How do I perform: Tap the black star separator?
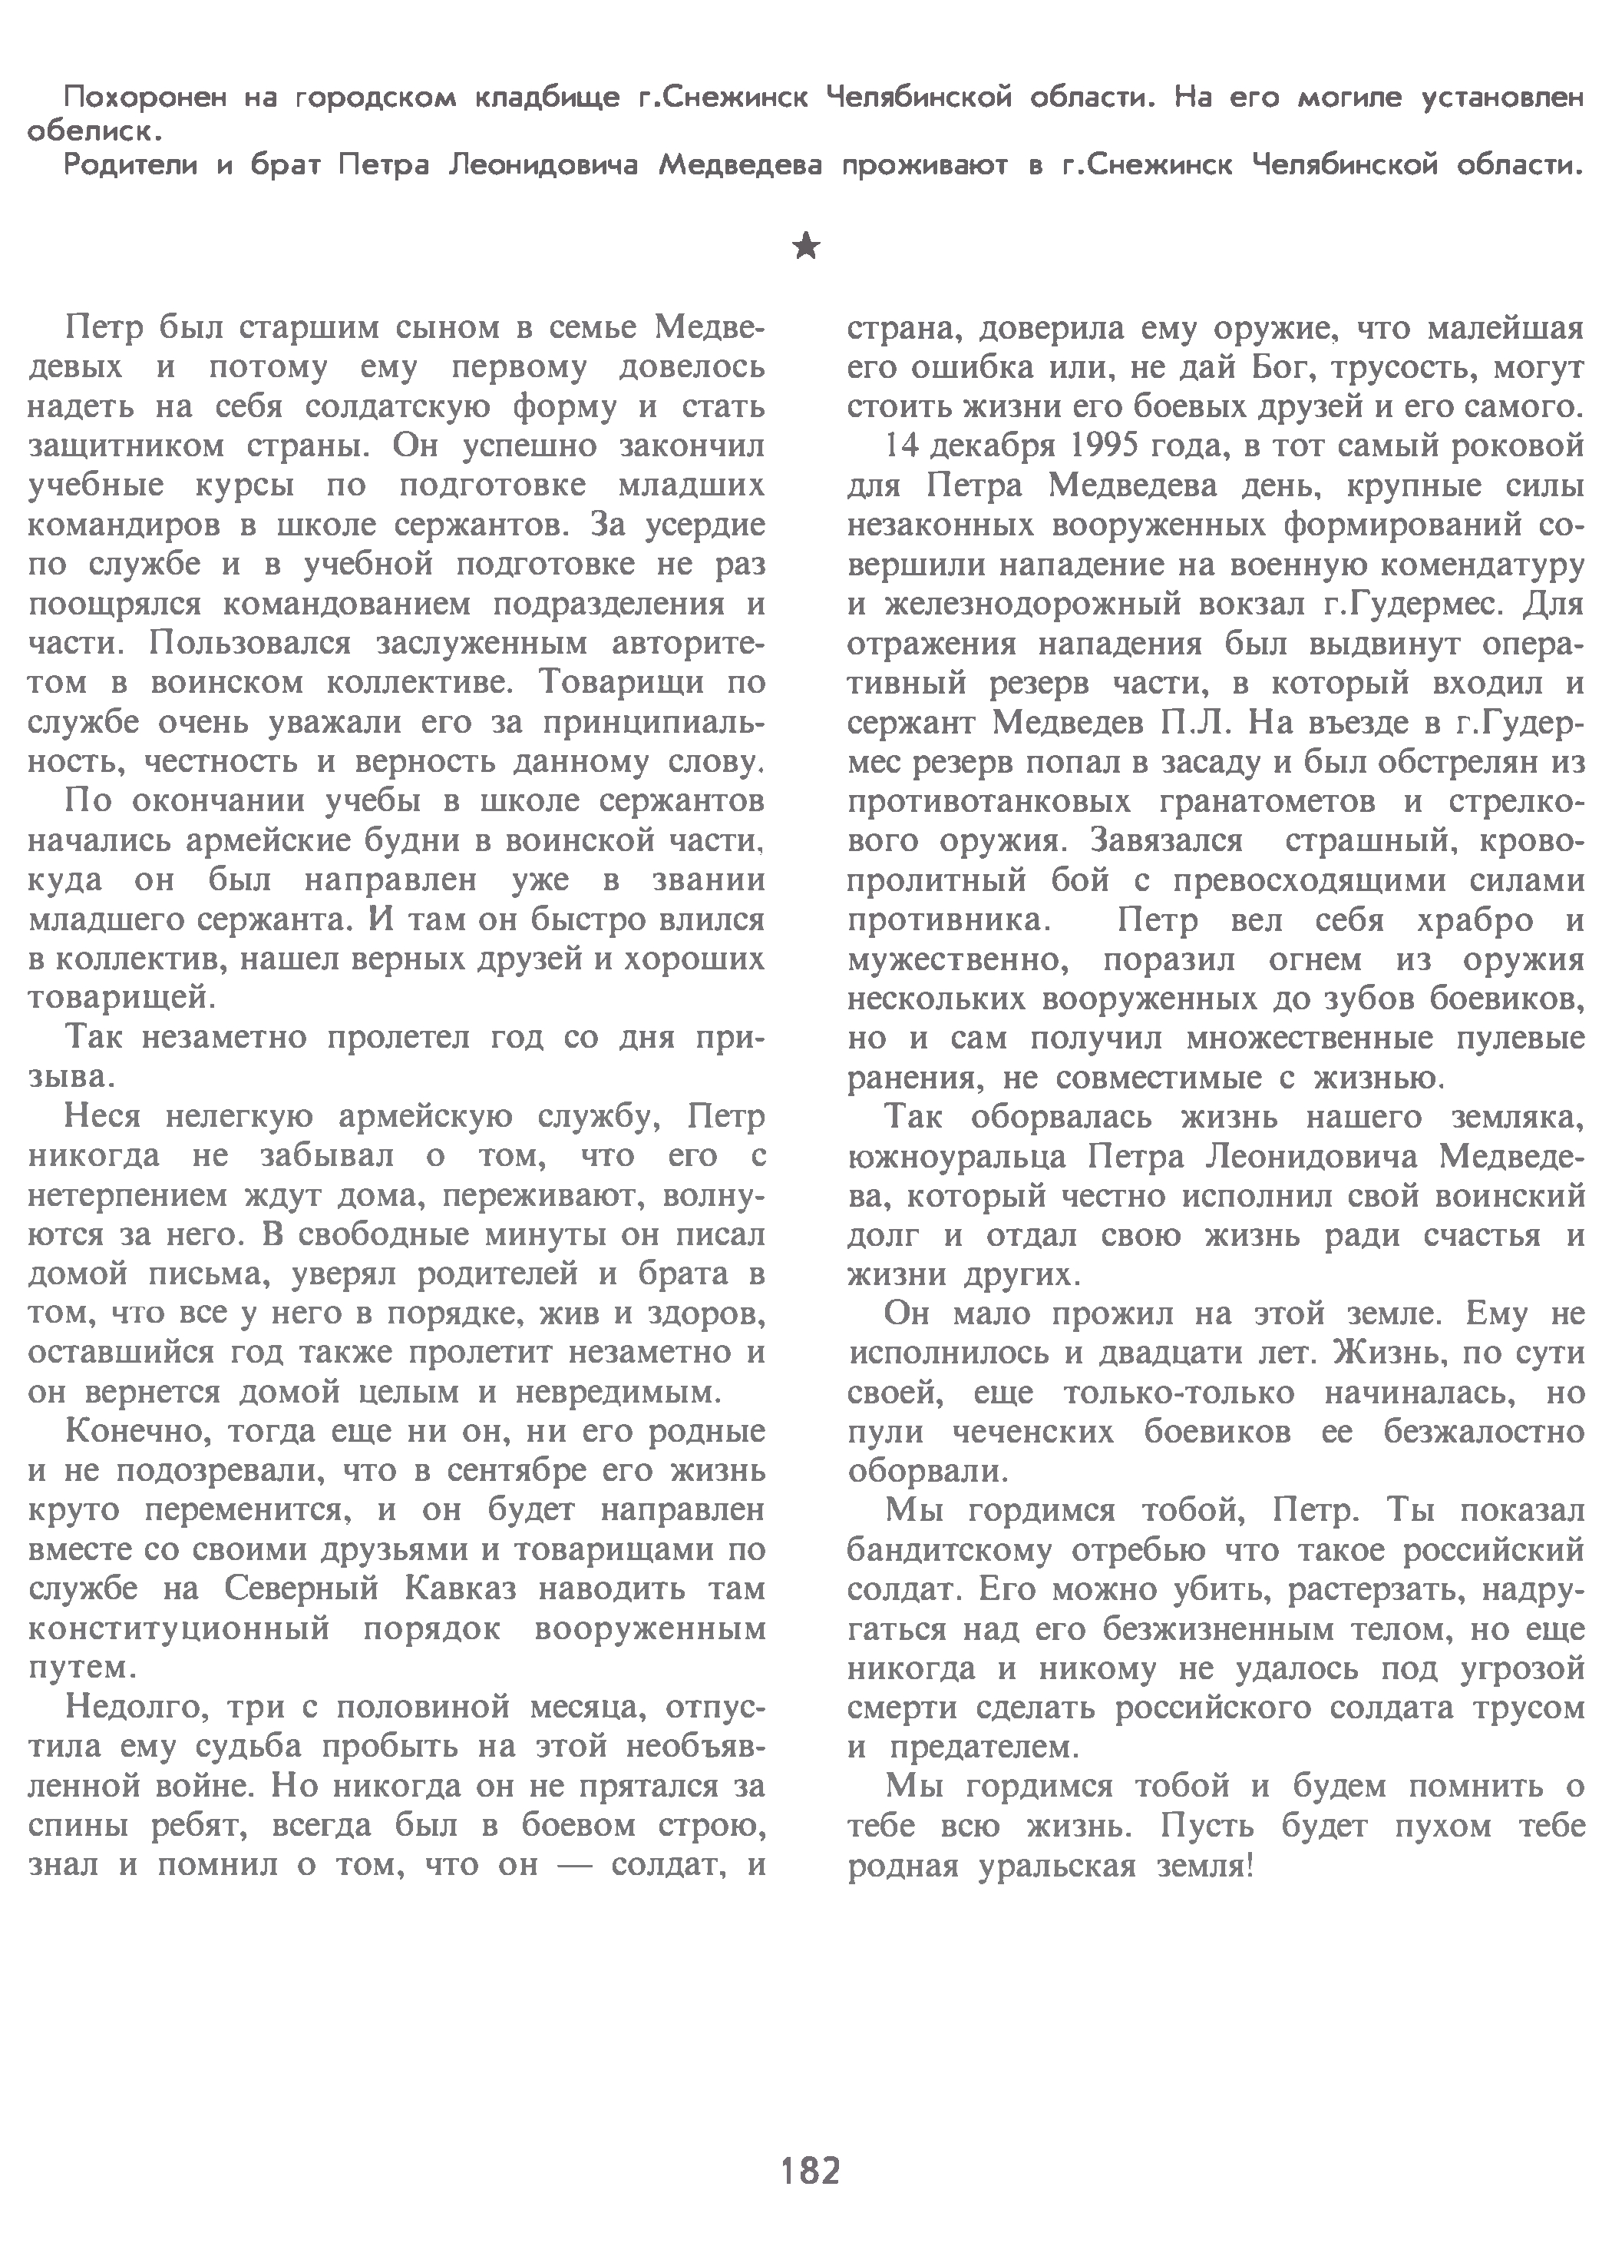pyautogui.click(x=807, y=245)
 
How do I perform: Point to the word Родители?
pyautogui.click(x=131, y=165)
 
